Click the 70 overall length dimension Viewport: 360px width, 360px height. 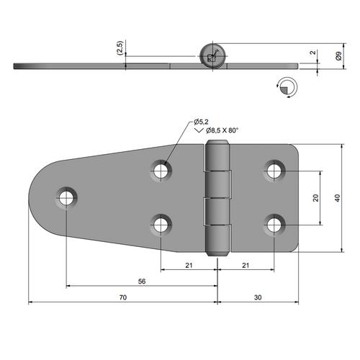122,297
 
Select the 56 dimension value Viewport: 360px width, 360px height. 143,282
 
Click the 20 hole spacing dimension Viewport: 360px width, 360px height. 315,198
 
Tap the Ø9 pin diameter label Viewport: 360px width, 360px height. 338,55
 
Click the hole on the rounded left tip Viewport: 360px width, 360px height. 67,197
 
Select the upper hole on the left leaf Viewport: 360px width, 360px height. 161,171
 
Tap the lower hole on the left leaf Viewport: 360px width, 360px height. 161,225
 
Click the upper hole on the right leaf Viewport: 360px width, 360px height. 274,171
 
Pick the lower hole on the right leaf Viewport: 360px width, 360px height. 274,225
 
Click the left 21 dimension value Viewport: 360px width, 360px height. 189,266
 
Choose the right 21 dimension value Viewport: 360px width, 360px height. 246,266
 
